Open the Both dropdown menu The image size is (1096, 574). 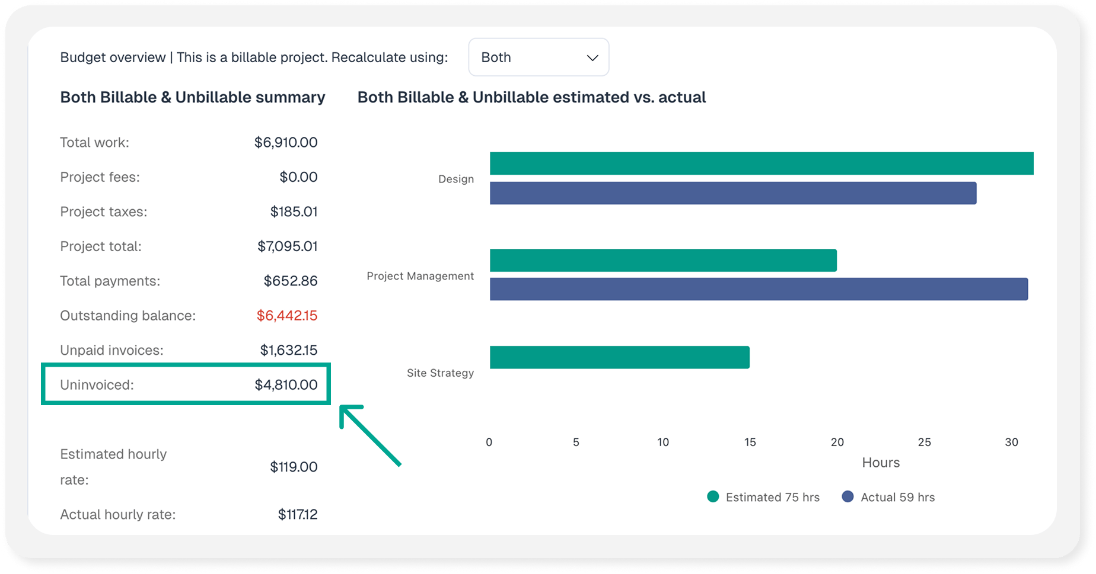pos(539,57)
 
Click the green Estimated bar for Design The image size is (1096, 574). pos(762,163)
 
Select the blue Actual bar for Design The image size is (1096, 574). pos(733,193)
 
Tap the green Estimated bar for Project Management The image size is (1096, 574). pos(663,261)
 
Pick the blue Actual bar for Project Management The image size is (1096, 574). pos(759,289)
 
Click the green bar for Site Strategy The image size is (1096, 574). pos(620,357)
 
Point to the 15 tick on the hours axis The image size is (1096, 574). pos(750,442)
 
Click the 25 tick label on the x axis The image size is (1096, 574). pos(924,442)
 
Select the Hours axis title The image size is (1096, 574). pos(881,463)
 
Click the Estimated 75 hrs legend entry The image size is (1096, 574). pos(764,497)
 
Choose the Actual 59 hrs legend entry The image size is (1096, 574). pos(888,497)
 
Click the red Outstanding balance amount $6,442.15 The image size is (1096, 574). pos(287,316)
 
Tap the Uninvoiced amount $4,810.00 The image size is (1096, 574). pos(286,385)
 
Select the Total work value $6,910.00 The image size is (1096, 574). pos(286,143)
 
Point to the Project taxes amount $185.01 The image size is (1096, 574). pos(294,212)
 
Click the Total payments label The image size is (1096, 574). pos(110,281)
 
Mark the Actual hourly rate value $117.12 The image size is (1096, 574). pos(298,515)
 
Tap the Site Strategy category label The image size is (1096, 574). pos(440,373)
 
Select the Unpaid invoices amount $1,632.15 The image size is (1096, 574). pos(289,350)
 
